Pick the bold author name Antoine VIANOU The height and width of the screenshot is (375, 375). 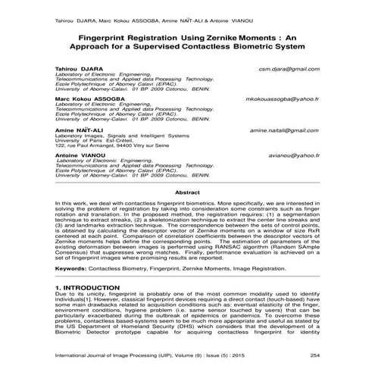(78, 155)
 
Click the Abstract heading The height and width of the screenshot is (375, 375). (187, 192)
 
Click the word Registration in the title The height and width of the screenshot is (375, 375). (158, 36)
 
